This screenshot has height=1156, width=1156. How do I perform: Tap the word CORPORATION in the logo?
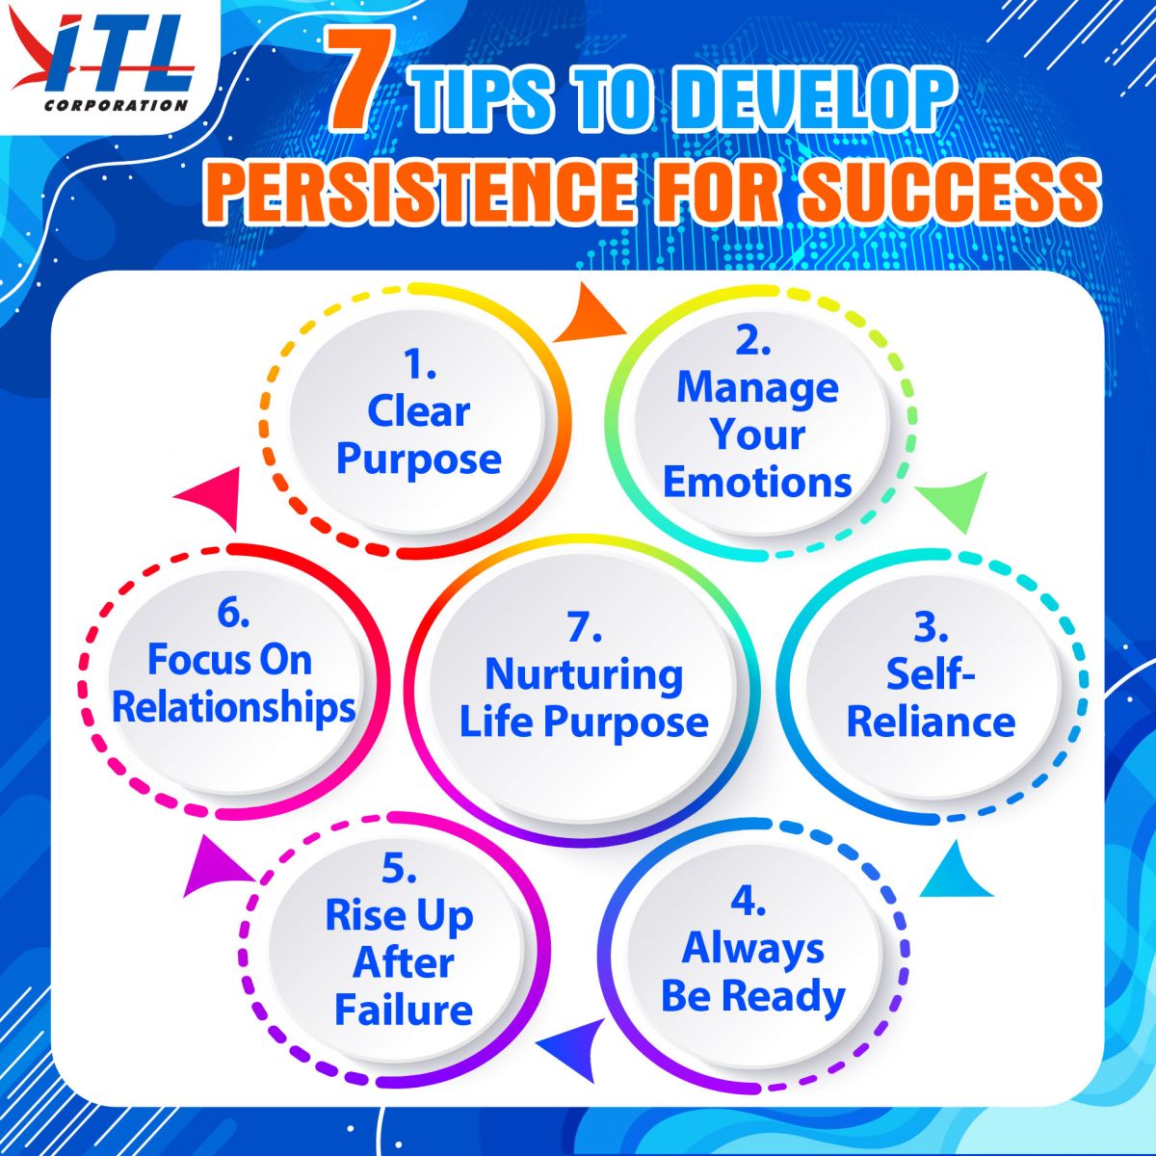coord(116,106)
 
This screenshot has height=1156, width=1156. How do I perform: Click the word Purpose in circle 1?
coord(419,460)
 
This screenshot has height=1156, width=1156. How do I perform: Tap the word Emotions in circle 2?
coord(757,483)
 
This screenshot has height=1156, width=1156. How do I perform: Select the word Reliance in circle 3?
coord(931,722)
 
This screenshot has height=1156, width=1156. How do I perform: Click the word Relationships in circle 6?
coord(234,709)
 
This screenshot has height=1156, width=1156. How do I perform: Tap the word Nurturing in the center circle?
coord(584,676)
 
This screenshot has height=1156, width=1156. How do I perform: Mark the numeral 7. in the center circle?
coord(584,628)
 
